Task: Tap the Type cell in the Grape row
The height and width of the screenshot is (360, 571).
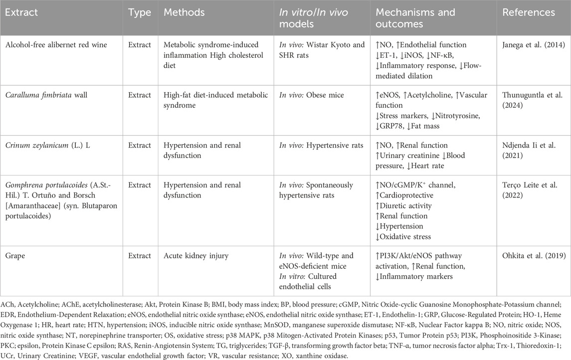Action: (x=140, y=256)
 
